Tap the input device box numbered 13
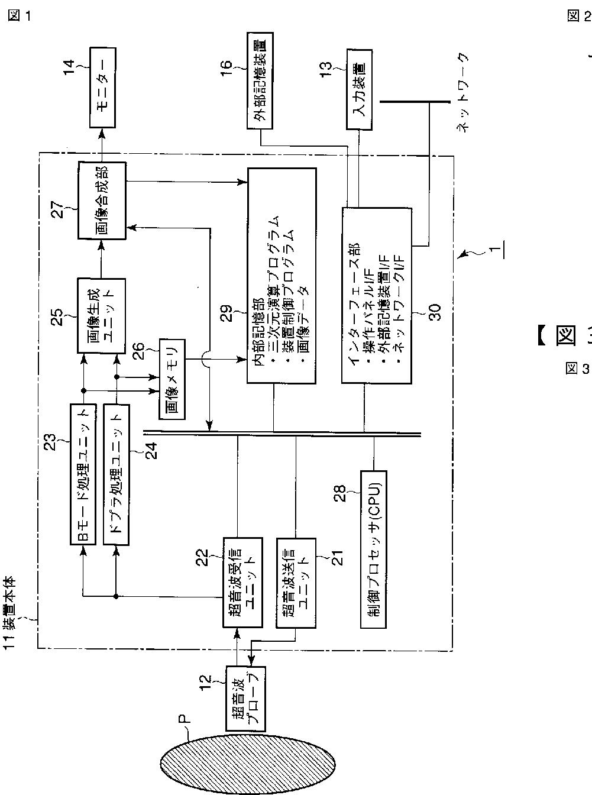coord(358,88)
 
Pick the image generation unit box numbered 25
coord(102,315)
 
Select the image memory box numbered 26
coord(172,376)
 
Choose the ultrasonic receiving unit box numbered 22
coord(242,581)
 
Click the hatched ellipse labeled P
coord(247,763)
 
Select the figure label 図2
coord(578,16)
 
